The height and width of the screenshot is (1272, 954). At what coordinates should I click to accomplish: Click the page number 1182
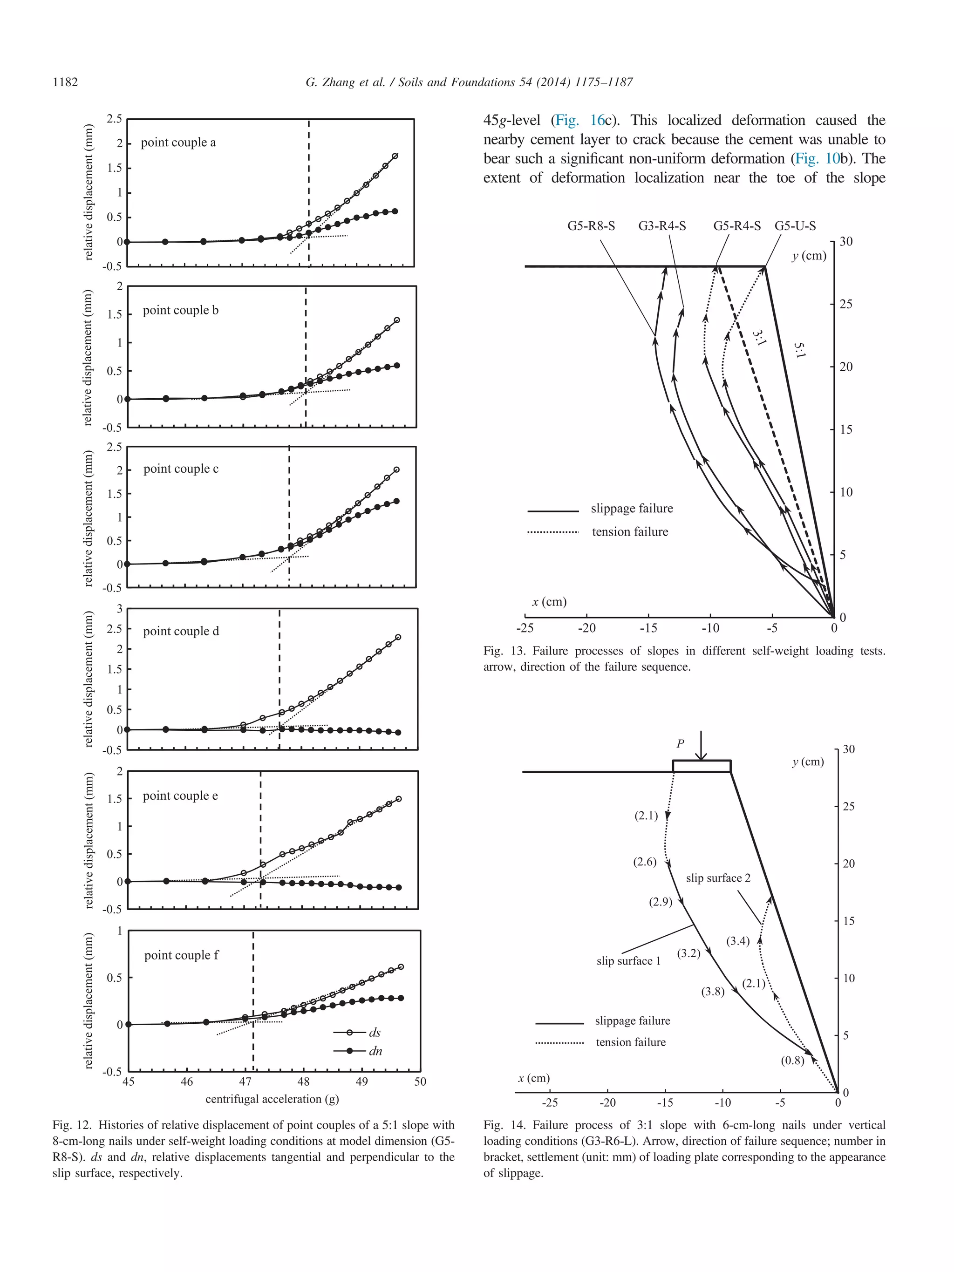point(65,82)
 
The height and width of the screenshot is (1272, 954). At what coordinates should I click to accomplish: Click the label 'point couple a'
point(178,143)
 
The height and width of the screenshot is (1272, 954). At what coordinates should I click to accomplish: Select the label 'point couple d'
point(181,632)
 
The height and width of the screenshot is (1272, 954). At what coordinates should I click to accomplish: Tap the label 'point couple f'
point(181,955)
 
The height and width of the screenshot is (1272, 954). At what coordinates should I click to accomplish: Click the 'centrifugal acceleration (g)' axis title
point(272,1099)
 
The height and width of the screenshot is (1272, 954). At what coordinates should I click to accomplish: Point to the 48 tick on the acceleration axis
point(303,1082)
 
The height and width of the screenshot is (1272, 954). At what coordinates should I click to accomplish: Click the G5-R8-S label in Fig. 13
point(591,226)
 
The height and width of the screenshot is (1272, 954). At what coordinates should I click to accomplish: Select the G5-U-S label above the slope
point(795,226)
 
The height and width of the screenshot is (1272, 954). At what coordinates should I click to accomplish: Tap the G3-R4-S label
point(662,226)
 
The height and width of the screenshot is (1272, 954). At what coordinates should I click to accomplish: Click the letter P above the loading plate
point(680,743)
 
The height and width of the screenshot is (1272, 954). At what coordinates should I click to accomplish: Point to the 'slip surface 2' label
point(718,878)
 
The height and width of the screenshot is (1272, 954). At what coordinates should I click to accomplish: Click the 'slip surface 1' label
point(628,961)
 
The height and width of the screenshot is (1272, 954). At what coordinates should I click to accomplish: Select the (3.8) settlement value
point(713,992)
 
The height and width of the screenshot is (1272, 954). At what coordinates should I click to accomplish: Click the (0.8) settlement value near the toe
point(792,1061)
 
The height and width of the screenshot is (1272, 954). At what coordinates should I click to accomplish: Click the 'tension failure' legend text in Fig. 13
point(630,532)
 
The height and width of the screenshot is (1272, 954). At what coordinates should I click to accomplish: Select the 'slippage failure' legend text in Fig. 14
point(633,1020)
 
